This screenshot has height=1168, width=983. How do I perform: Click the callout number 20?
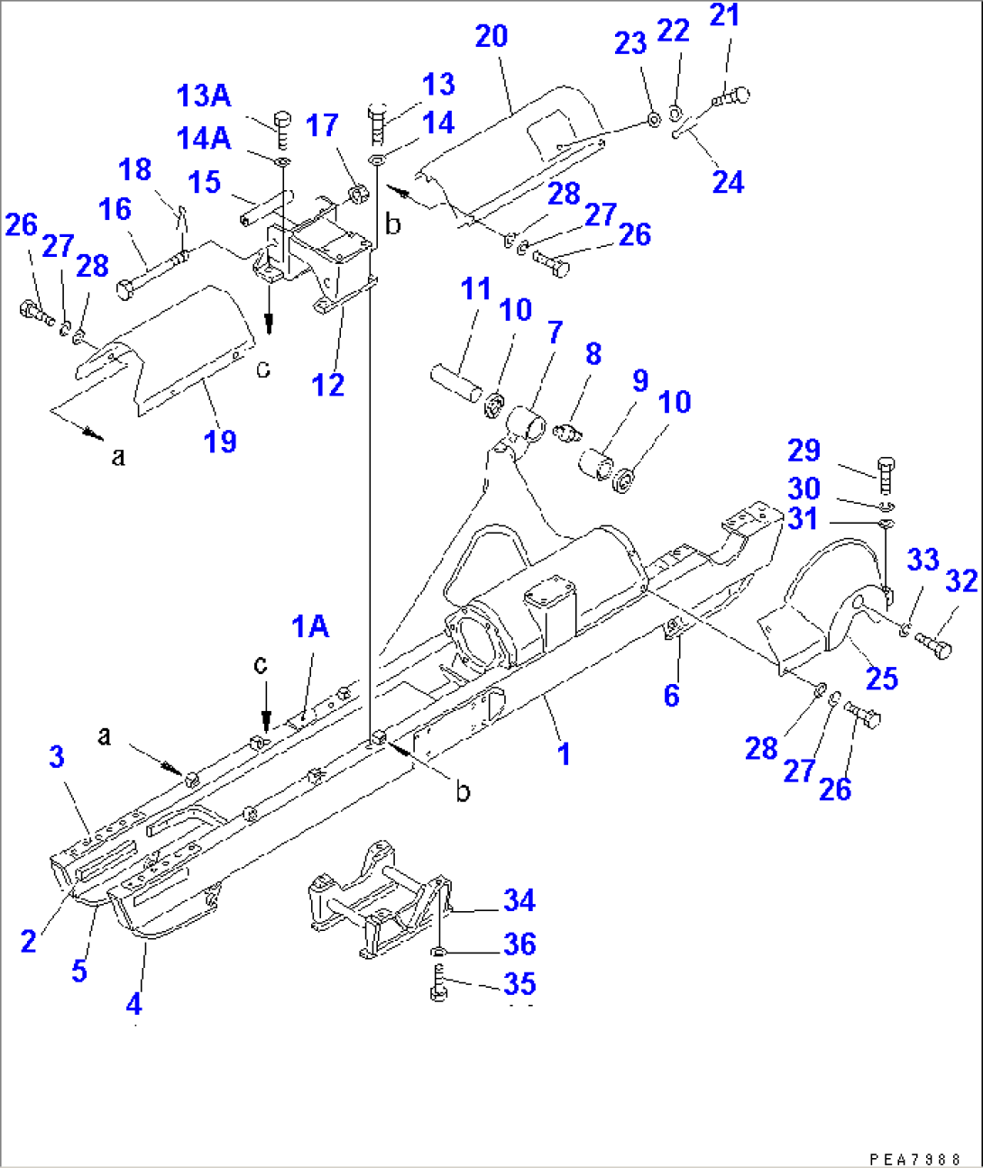coord(491,37)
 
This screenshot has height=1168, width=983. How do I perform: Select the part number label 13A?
coord(203,96)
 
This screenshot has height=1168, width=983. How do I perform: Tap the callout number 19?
coord(220,441)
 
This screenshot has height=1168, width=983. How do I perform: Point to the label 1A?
coord(309,626)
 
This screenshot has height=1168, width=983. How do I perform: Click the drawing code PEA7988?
coord(914,1159)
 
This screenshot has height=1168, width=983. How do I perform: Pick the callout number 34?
coord(519,900)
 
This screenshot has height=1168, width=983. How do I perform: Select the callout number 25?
coord(881,678)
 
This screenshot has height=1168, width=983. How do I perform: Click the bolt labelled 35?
coord(439,981)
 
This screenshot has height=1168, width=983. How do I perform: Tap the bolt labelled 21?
coord(732,96)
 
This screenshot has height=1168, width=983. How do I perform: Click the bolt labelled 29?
coord(886,475)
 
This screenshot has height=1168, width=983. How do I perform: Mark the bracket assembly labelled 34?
coord(374,901)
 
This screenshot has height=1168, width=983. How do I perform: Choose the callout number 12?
coord(327,385)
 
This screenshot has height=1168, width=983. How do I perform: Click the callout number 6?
coord(672,695)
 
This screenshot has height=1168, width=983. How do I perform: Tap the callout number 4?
coord(133,1003)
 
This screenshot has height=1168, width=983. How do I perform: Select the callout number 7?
coord(555,332)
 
